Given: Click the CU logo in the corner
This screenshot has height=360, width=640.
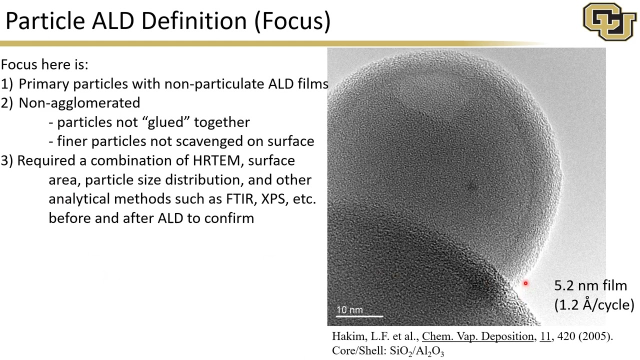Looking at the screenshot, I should pyautogui.click(x=609, y=21).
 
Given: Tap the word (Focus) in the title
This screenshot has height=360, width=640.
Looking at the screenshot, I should pyautogui.click(x=292, y=21).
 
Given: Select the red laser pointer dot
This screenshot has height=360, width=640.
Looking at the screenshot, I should pyautogui.click(x=525, y=283).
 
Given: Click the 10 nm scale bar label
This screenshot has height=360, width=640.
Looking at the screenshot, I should pyautogui.click(x=349, y=310).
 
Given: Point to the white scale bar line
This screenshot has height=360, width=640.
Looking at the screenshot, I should pyautogui.click(x=359, y=316).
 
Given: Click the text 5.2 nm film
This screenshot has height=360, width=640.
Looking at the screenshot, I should pyautogui.click(x=590, y=285).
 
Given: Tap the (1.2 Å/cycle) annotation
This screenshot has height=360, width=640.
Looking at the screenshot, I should pyautogui.click(x=593, y=304).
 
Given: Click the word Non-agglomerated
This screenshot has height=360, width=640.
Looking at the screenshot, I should pyautogui.click(x=79, y=103).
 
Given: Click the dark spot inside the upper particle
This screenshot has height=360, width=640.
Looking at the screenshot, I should pyautogui.click(x=470, y=187).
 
